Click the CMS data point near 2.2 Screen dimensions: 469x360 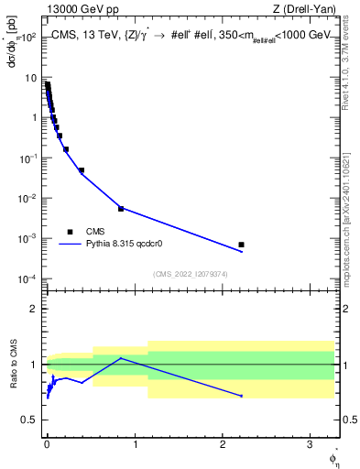coord(241,245)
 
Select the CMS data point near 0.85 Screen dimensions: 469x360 coord(121,209)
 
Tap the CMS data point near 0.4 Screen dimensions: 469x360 coord(82,170)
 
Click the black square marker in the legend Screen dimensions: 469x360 coord(70,232)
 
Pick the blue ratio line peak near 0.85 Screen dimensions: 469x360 coord(121,358)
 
